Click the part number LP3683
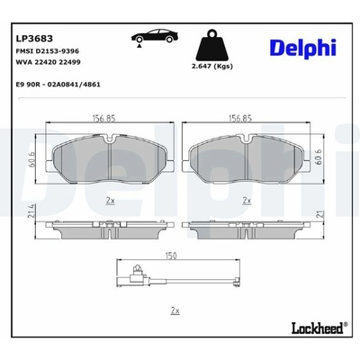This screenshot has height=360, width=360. [34, 39]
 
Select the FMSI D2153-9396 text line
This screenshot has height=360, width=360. [47, 51]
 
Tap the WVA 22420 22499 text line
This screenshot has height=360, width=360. [48, 62]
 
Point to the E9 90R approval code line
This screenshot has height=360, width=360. [58, 85]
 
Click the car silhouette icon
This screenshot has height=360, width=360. [155, 38]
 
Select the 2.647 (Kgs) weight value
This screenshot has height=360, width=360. [212, 67]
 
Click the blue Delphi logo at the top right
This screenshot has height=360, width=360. [303, 48]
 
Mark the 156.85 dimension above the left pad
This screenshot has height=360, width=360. [103, 119]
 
